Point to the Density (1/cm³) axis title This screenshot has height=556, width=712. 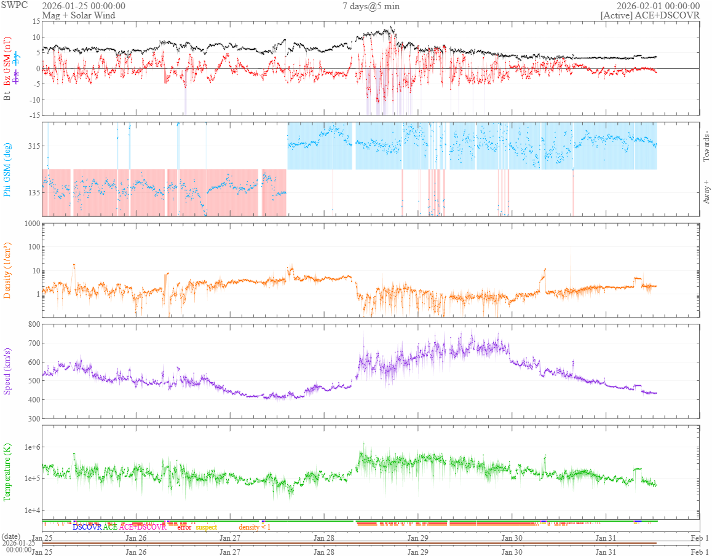[7, 270]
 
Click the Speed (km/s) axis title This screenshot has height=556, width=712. [7, 371]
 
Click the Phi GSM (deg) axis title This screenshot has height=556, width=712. [7, 168]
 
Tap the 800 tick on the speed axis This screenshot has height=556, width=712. [33, 324]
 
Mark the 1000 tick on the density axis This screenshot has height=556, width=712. [30, 224]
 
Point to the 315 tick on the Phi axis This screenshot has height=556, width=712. [33, 146]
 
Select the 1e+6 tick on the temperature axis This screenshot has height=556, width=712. [30, 447]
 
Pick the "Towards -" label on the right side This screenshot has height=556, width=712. [706, 146]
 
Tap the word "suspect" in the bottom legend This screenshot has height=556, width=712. [206, 527]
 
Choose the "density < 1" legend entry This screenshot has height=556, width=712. [254, 527]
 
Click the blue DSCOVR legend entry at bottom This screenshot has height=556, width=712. [87, 527]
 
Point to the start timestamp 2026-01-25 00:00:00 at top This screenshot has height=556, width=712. [84, 6]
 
